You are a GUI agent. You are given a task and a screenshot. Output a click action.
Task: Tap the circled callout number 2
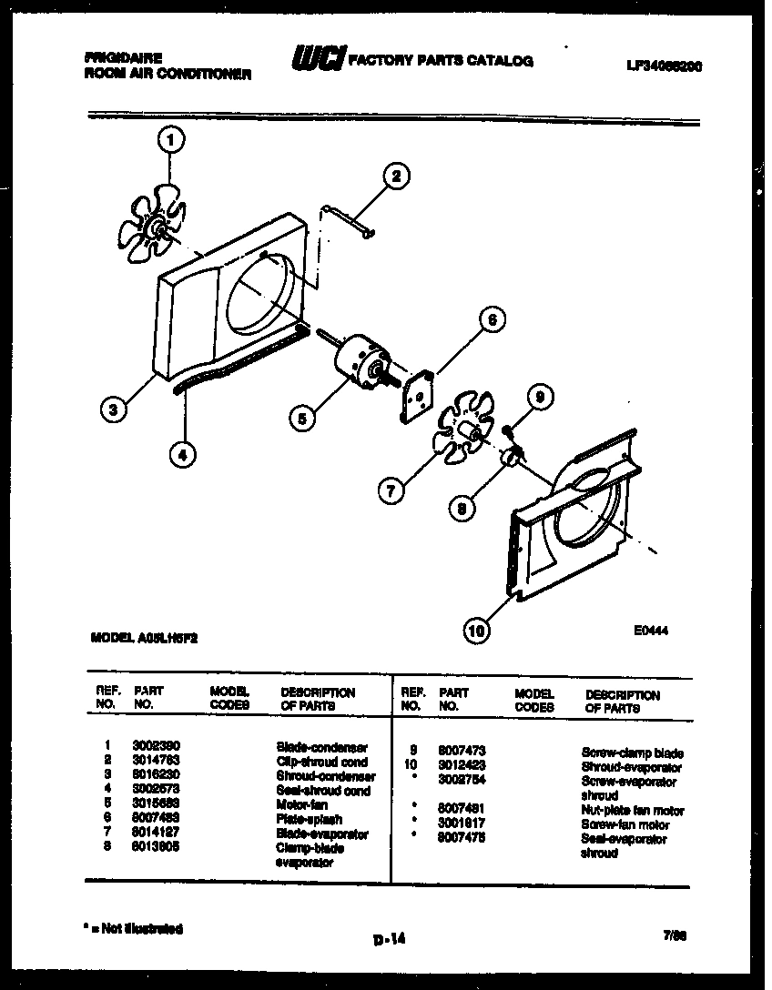tap(395, 177)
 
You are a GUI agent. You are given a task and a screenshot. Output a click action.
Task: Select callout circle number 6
tap(491, 319)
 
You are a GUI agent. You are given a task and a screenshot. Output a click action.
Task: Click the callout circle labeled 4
tap(183, 454)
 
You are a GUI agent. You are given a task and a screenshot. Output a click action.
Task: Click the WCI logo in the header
tap(316, 59)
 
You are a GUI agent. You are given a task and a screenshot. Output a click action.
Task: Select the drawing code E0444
tap(650, 631)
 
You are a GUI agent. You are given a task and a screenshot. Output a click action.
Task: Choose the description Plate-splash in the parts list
tap(309, 820)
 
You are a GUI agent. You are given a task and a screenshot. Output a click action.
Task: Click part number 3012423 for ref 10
tap(462, 767)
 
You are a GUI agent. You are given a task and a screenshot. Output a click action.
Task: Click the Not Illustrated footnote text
tap(133, 929)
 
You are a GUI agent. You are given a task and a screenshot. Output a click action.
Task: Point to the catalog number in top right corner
tap(664, 66)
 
